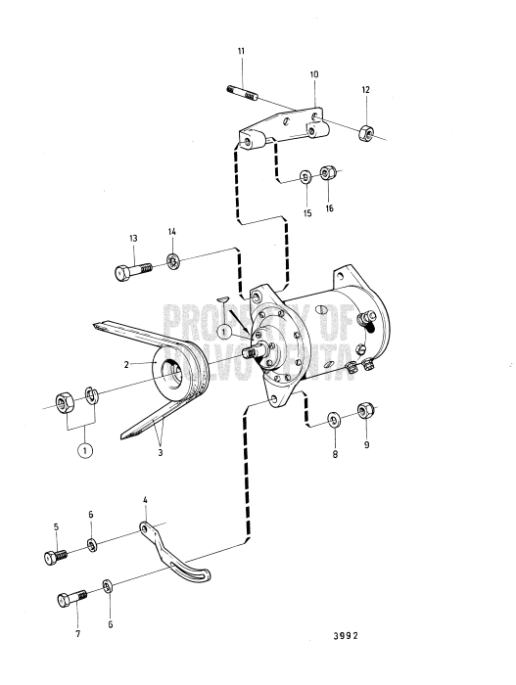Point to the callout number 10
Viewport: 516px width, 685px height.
(314, 74)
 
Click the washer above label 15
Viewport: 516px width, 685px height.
(305, 177)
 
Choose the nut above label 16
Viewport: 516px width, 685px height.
(329, 174)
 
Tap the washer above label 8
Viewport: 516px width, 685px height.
(334, 421)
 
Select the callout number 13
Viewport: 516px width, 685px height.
(132, 238)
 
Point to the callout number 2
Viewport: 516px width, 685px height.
(125, 363)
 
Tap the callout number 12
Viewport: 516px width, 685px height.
(365, 90)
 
